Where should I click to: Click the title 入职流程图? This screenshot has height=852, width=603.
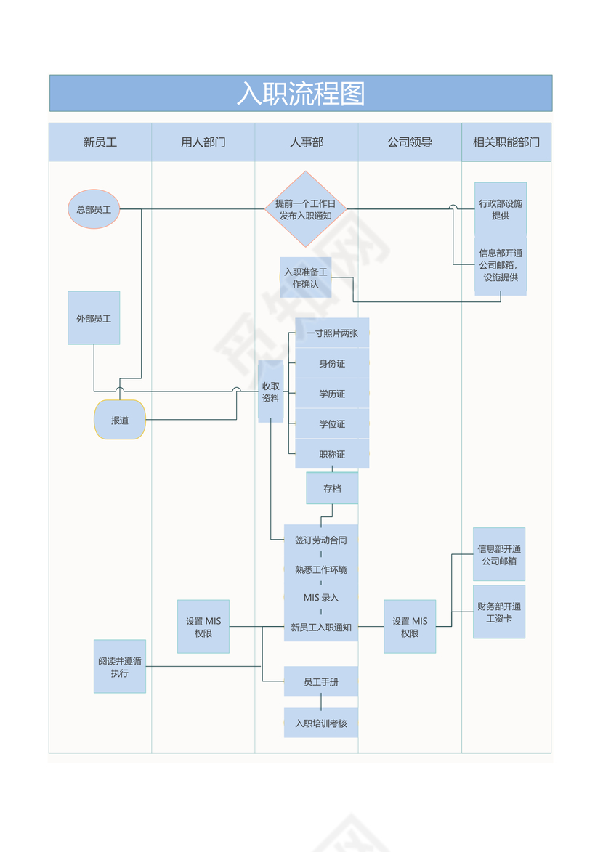pyautogui.click(x=301, y=94)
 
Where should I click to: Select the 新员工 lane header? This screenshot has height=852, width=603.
pyautogui.click(x=100, y=142)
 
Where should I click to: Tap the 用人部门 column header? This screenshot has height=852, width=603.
pyautogui.click(x=203, y=142)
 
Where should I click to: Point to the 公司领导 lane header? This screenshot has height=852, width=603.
pyautogui.click(x=410, y=142)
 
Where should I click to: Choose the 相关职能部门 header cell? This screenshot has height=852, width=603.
pyautogui.click(x=506, y=142)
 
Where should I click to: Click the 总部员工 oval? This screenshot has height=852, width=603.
pyautogui.click(x=94, y=209)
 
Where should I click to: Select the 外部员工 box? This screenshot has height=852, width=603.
pyautogui.click(x=94, y=318)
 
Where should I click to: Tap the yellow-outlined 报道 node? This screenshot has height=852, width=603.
pyautogui.click(x=120, y=420)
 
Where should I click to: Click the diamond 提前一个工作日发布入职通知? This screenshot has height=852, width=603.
pyautogui.click(x=306, y=209)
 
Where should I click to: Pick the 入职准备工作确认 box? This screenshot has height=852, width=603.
pyautogui.click(x=306, y=277)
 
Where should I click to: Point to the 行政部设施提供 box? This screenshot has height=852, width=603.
pyautogui.click(x=501, y=209)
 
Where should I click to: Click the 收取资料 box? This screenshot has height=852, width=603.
pyautogui.click(x=271, y=391)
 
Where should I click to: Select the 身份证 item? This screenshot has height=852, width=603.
pyautogui.click(x=332, y=363)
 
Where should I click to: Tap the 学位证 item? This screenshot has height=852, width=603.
pyautogui.click(x=332, y=423)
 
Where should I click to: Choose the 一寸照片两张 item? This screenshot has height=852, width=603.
pyautogui.click(x=332, y=333)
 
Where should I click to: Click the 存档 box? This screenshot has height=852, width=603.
pyautogui.click(x=332, y=489)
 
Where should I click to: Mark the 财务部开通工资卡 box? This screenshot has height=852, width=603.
pyautogui.click(x=499, y=612)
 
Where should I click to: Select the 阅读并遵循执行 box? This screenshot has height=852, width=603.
pyautogui.click(x=120, y=667)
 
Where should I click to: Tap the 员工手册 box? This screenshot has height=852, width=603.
pyautogui.click(x=321, y=682)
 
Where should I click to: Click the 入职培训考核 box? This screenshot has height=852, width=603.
pyautogui.click(x=321, y=723)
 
